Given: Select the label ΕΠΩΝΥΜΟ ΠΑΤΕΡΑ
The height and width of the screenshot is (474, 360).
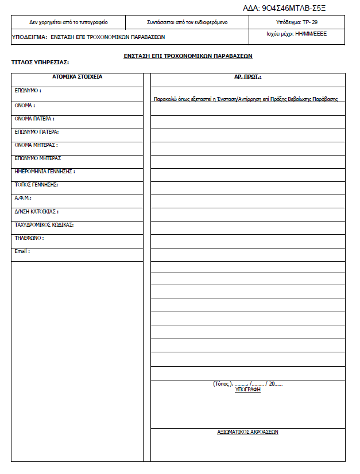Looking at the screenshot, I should coord(37,132).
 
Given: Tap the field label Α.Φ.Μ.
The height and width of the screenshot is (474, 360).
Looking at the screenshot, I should coord(23,197).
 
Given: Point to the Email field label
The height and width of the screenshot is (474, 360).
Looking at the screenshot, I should coord(22,251).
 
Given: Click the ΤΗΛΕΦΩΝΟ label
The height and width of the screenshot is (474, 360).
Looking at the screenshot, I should coord(29,238).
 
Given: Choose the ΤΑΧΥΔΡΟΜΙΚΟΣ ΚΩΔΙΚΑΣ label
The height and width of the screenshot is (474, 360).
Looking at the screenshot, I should coord(44,224).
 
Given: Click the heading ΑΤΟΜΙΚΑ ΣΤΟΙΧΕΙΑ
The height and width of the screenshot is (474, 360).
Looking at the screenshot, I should coord(78,76).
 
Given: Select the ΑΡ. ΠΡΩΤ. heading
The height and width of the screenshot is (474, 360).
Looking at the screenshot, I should coord(248,76).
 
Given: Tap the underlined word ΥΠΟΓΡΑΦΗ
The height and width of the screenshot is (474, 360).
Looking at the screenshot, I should coord(248,390).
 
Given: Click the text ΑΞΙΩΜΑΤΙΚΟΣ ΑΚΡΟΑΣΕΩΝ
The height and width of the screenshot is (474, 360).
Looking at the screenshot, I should coord(248,432).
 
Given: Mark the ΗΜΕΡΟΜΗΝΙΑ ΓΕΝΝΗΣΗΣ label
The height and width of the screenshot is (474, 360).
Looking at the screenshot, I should coord(45,172).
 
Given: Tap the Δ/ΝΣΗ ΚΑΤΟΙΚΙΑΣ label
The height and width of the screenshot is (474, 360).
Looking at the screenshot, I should coord(37,211).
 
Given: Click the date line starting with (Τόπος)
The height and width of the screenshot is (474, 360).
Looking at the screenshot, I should coord(247,383).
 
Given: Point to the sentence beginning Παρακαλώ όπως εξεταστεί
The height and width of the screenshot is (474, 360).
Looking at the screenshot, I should coord(246,99).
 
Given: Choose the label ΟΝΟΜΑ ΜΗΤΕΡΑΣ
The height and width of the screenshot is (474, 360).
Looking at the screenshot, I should coord(36,145).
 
